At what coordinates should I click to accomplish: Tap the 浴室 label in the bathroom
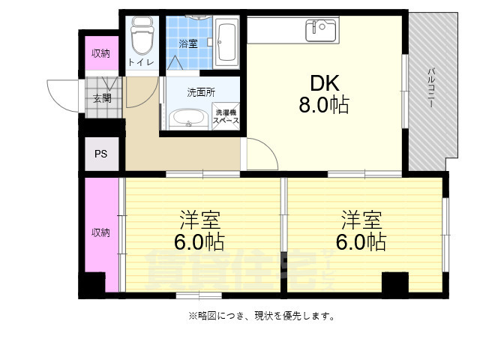188,43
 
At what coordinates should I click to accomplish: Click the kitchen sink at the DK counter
322,30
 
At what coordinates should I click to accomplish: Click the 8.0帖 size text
323,105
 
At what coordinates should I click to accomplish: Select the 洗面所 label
201,92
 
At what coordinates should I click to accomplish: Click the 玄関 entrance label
102,98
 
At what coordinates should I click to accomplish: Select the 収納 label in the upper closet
100,52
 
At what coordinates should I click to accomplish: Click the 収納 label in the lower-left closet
100,232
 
